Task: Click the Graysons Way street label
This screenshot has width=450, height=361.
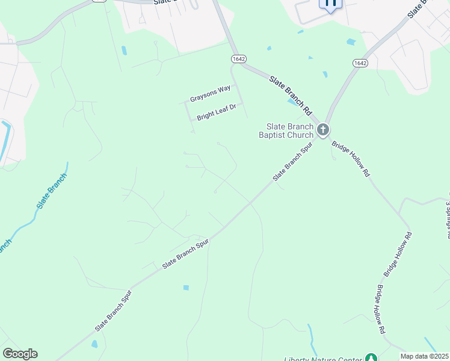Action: (211, 93)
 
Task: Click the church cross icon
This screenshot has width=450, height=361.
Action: (323, 129)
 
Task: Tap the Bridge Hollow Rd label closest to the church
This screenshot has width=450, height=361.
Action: (351, 159)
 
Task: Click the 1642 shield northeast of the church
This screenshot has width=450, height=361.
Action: (360, 63)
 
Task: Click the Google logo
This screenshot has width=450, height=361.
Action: (20, 354)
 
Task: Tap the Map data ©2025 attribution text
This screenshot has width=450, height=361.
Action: (425, 356)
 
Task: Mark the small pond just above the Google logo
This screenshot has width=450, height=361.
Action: (94, 344)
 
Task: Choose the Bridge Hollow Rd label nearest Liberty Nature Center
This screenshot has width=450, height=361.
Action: (381, 309)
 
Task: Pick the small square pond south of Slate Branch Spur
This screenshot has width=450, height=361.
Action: (186, 288)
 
